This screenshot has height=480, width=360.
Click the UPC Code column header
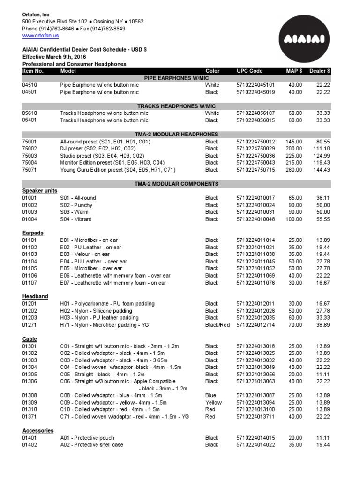[x=249, y=71]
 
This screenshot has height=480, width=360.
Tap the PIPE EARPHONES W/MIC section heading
[x=176, y=78]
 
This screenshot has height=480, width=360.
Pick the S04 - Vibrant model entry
[x=76, y=219]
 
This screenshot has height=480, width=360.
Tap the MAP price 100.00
[x=294, y=219]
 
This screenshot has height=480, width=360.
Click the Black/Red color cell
[x=217, y=325]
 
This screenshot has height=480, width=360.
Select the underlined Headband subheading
[x=35, y=297]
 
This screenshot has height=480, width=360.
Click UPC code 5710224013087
[x=255, y=395]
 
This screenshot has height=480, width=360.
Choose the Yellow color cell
[x=213, y=402]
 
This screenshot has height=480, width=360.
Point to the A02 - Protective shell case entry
[x=92, y=444]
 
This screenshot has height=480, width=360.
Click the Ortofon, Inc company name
[x=36, y=15]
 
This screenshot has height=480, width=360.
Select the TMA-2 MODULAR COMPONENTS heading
[x=176, y=184]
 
